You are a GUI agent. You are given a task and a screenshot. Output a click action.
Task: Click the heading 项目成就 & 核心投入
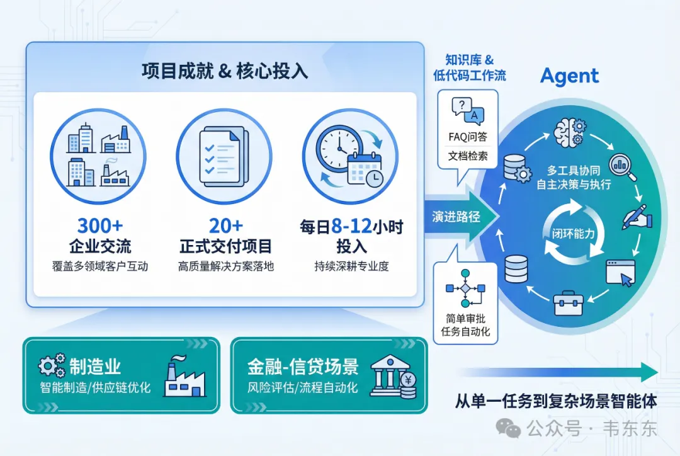point(225,71)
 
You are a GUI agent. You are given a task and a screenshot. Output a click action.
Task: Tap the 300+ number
point(99,225)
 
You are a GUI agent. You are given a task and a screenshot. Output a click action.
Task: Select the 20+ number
point(225,225)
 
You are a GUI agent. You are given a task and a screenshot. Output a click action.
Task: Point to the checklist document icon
point(224,156)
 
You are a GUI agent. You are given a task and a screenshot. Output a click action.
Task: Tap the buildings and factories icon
point(98,156)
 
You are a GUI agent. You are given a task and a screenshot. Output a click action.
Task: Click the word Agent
point(569,76)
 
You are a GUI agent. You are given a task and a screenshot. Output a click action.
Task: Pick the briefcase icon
point(568,304)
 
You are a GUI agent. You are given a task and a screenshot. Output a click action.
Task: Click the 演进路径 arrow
point(458,217)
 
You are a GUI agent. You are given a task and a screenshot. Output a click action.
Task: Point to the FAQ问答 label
point(468,137)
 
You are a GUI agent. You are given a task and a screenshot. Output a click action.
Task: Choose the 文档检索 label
point(468,156)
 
